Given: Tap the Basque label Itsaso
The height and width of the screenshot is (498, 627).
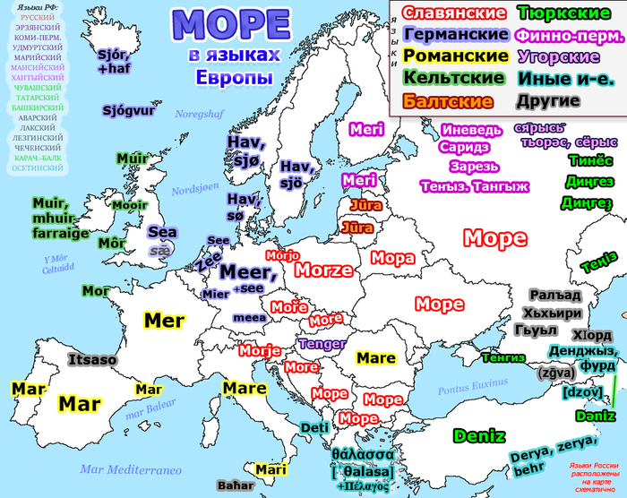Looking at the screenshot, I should coord(92,359).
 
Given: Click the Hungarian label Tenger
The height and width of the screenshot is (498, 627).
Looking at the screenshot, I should coord(322,344).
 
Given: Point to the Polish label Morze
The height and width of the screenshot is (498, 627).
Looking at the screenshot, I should coord(324,270).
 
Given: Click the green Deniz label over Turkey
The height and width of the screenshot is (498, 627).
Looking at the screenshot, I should coord(479,436).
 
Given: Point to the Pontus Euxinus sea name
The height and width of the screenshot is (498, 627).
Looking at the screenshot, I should coord(471,391).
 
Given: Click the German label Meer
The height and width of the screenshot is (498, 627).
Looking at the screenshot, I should coord(241,271).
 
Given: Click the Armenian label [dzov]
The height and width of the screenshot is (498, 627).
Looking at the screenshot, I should coord(576,392).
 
